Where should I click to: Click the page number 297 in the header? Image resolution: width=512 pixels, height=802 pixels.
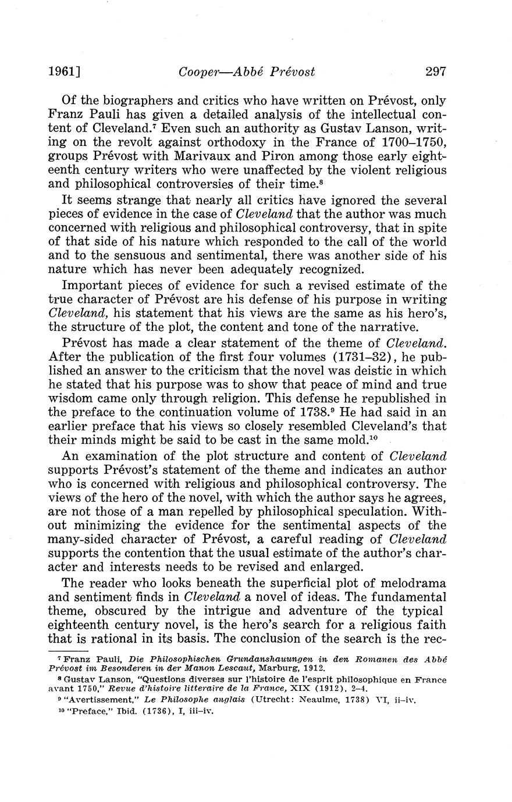pos(435,72)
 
